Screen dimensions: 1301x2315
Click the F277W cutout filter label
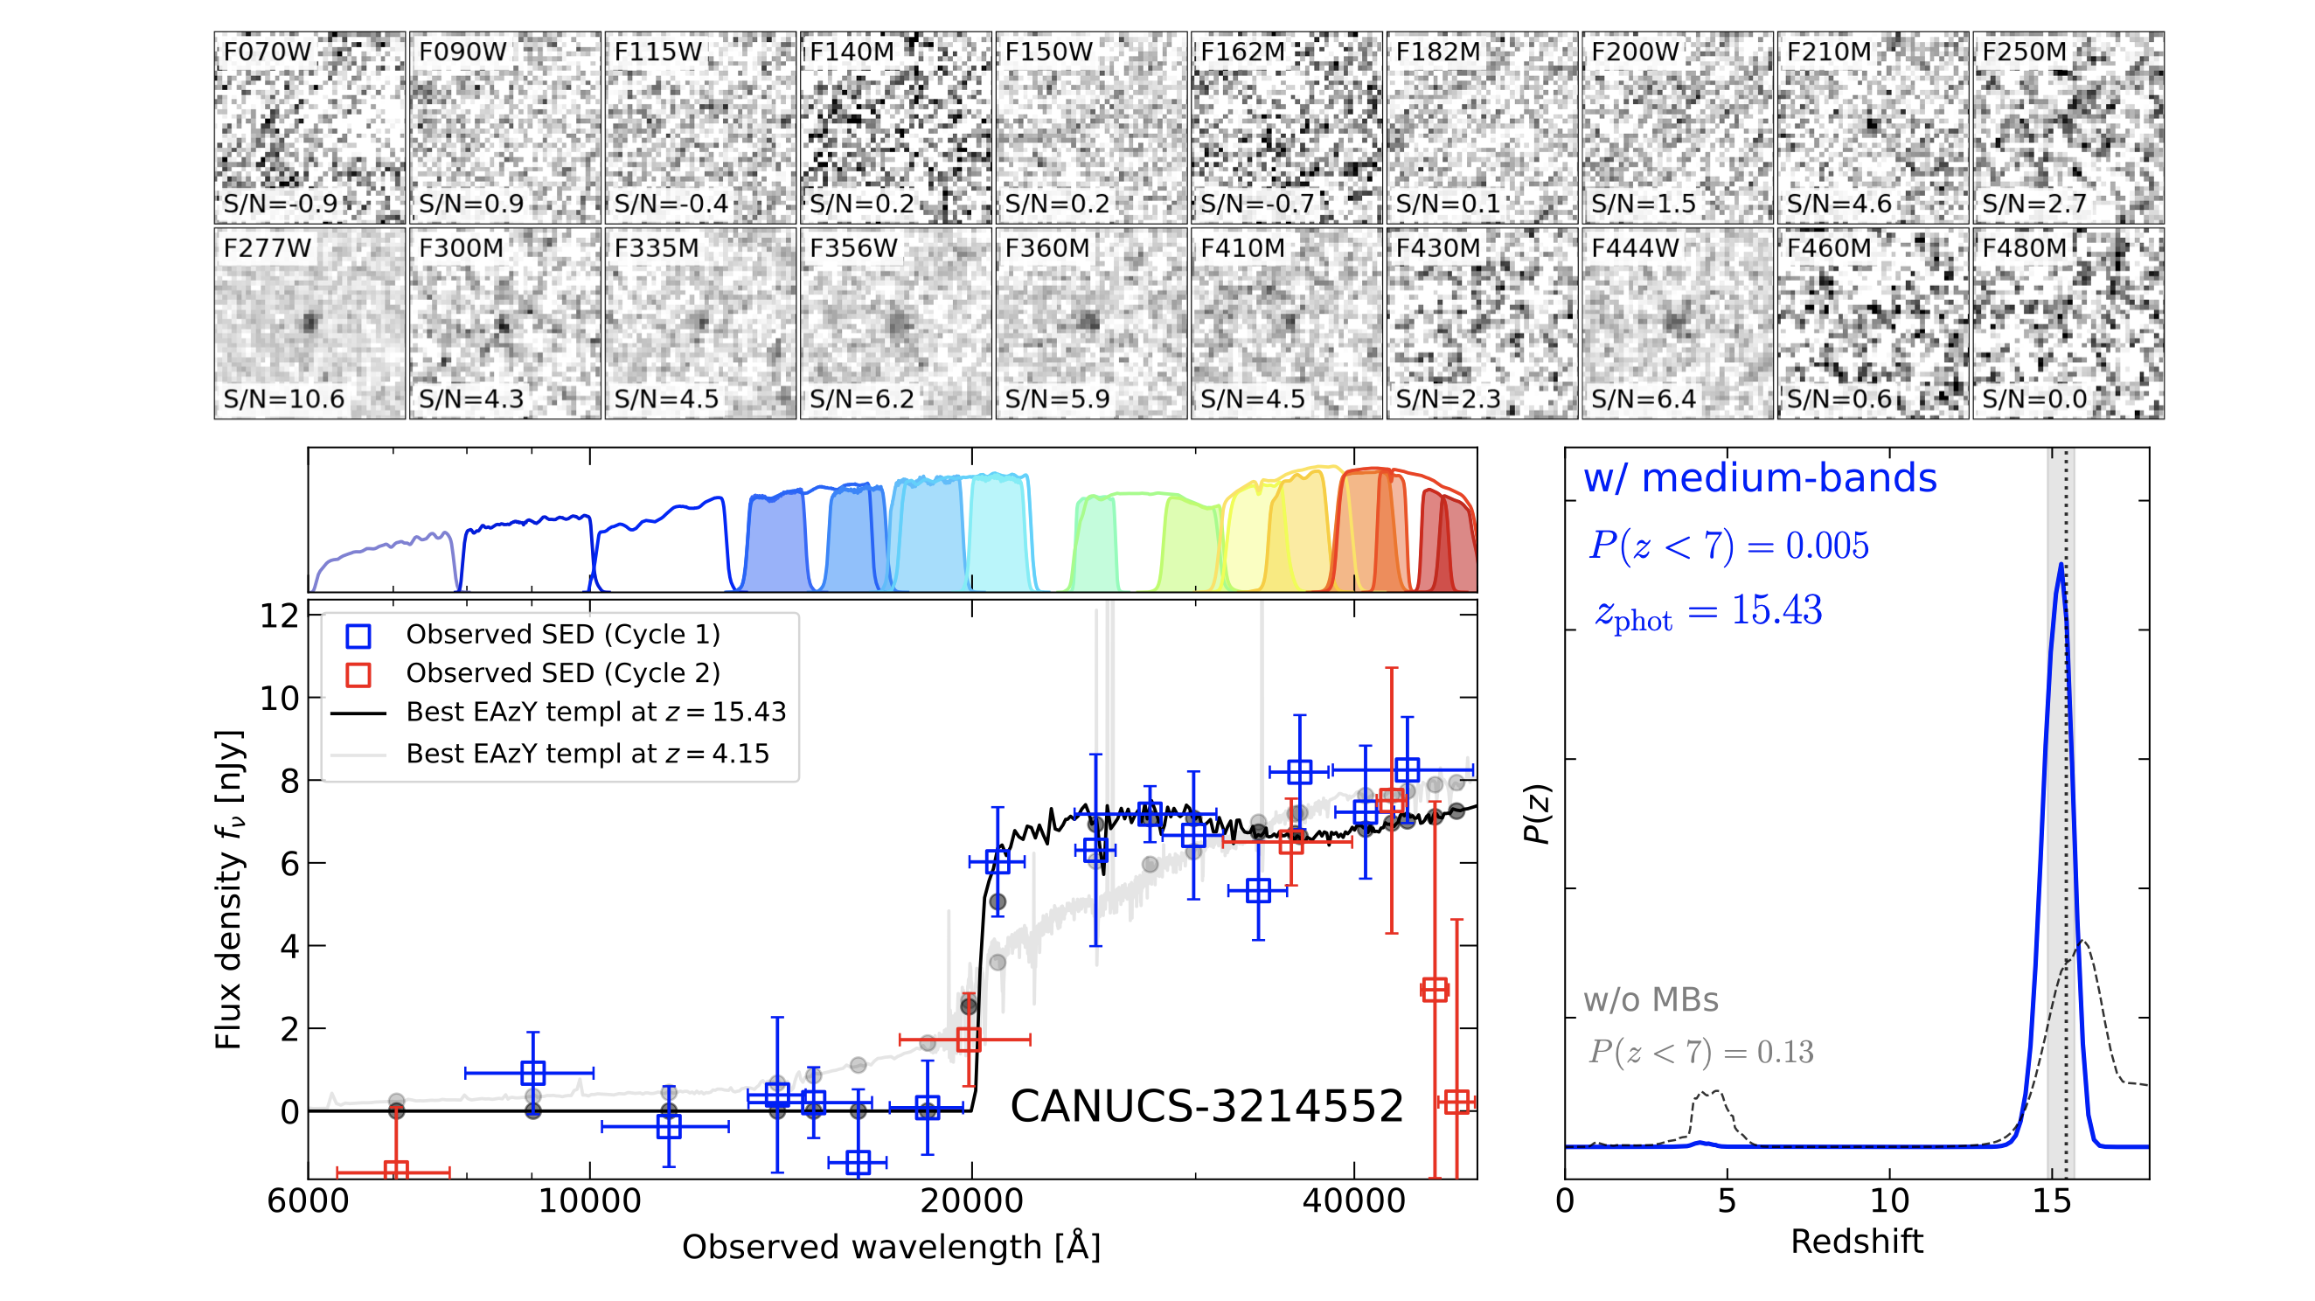coord(267,248)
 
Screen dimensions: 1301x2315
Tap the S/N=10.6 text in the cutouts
coord(284,399)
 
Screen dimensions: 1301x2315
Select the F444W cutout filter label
coord(1635,248)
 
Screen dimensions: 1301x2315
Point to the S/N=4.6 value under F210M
coord(1839,204)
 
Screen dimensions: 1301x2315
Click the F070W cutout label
coord(267,52)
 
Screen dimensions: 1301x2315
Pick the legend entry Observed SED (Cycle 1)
coord(562,635)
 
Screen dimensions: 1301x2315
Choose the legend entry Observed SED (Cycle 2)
coord(562,673)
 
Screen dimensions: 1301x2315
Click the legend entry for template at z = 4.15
coord(587,754)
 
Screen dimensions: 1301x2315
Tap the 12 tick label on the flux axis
coord(279,616)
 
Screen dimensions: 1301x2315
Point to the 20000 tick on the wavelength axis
coord(971,1200)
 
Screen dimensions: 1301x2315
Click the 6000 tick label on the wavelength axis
coord(309,1200)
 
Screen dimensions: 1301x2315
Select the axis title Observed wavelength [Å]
coord(891,1247)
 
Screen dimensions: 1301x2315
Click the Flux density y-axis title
coord(228,888)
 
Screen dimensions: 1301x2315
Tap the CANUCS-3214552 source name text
coord(1206,1106)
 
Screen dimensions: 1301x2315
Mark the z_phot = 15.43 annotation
coord(1707,612)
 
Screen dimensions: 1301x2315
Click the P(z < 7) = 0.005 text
coord(1728,546)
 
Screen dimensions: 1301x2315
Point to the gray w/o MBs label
coord(1650,1000)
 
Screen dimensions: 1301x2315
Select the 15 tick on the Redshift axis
coord(2052,1200)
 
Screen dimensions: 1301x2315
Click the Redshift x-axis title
coord(1856,1242)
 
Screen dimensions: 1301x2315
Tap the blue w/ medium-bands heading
coord(1760,478)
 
